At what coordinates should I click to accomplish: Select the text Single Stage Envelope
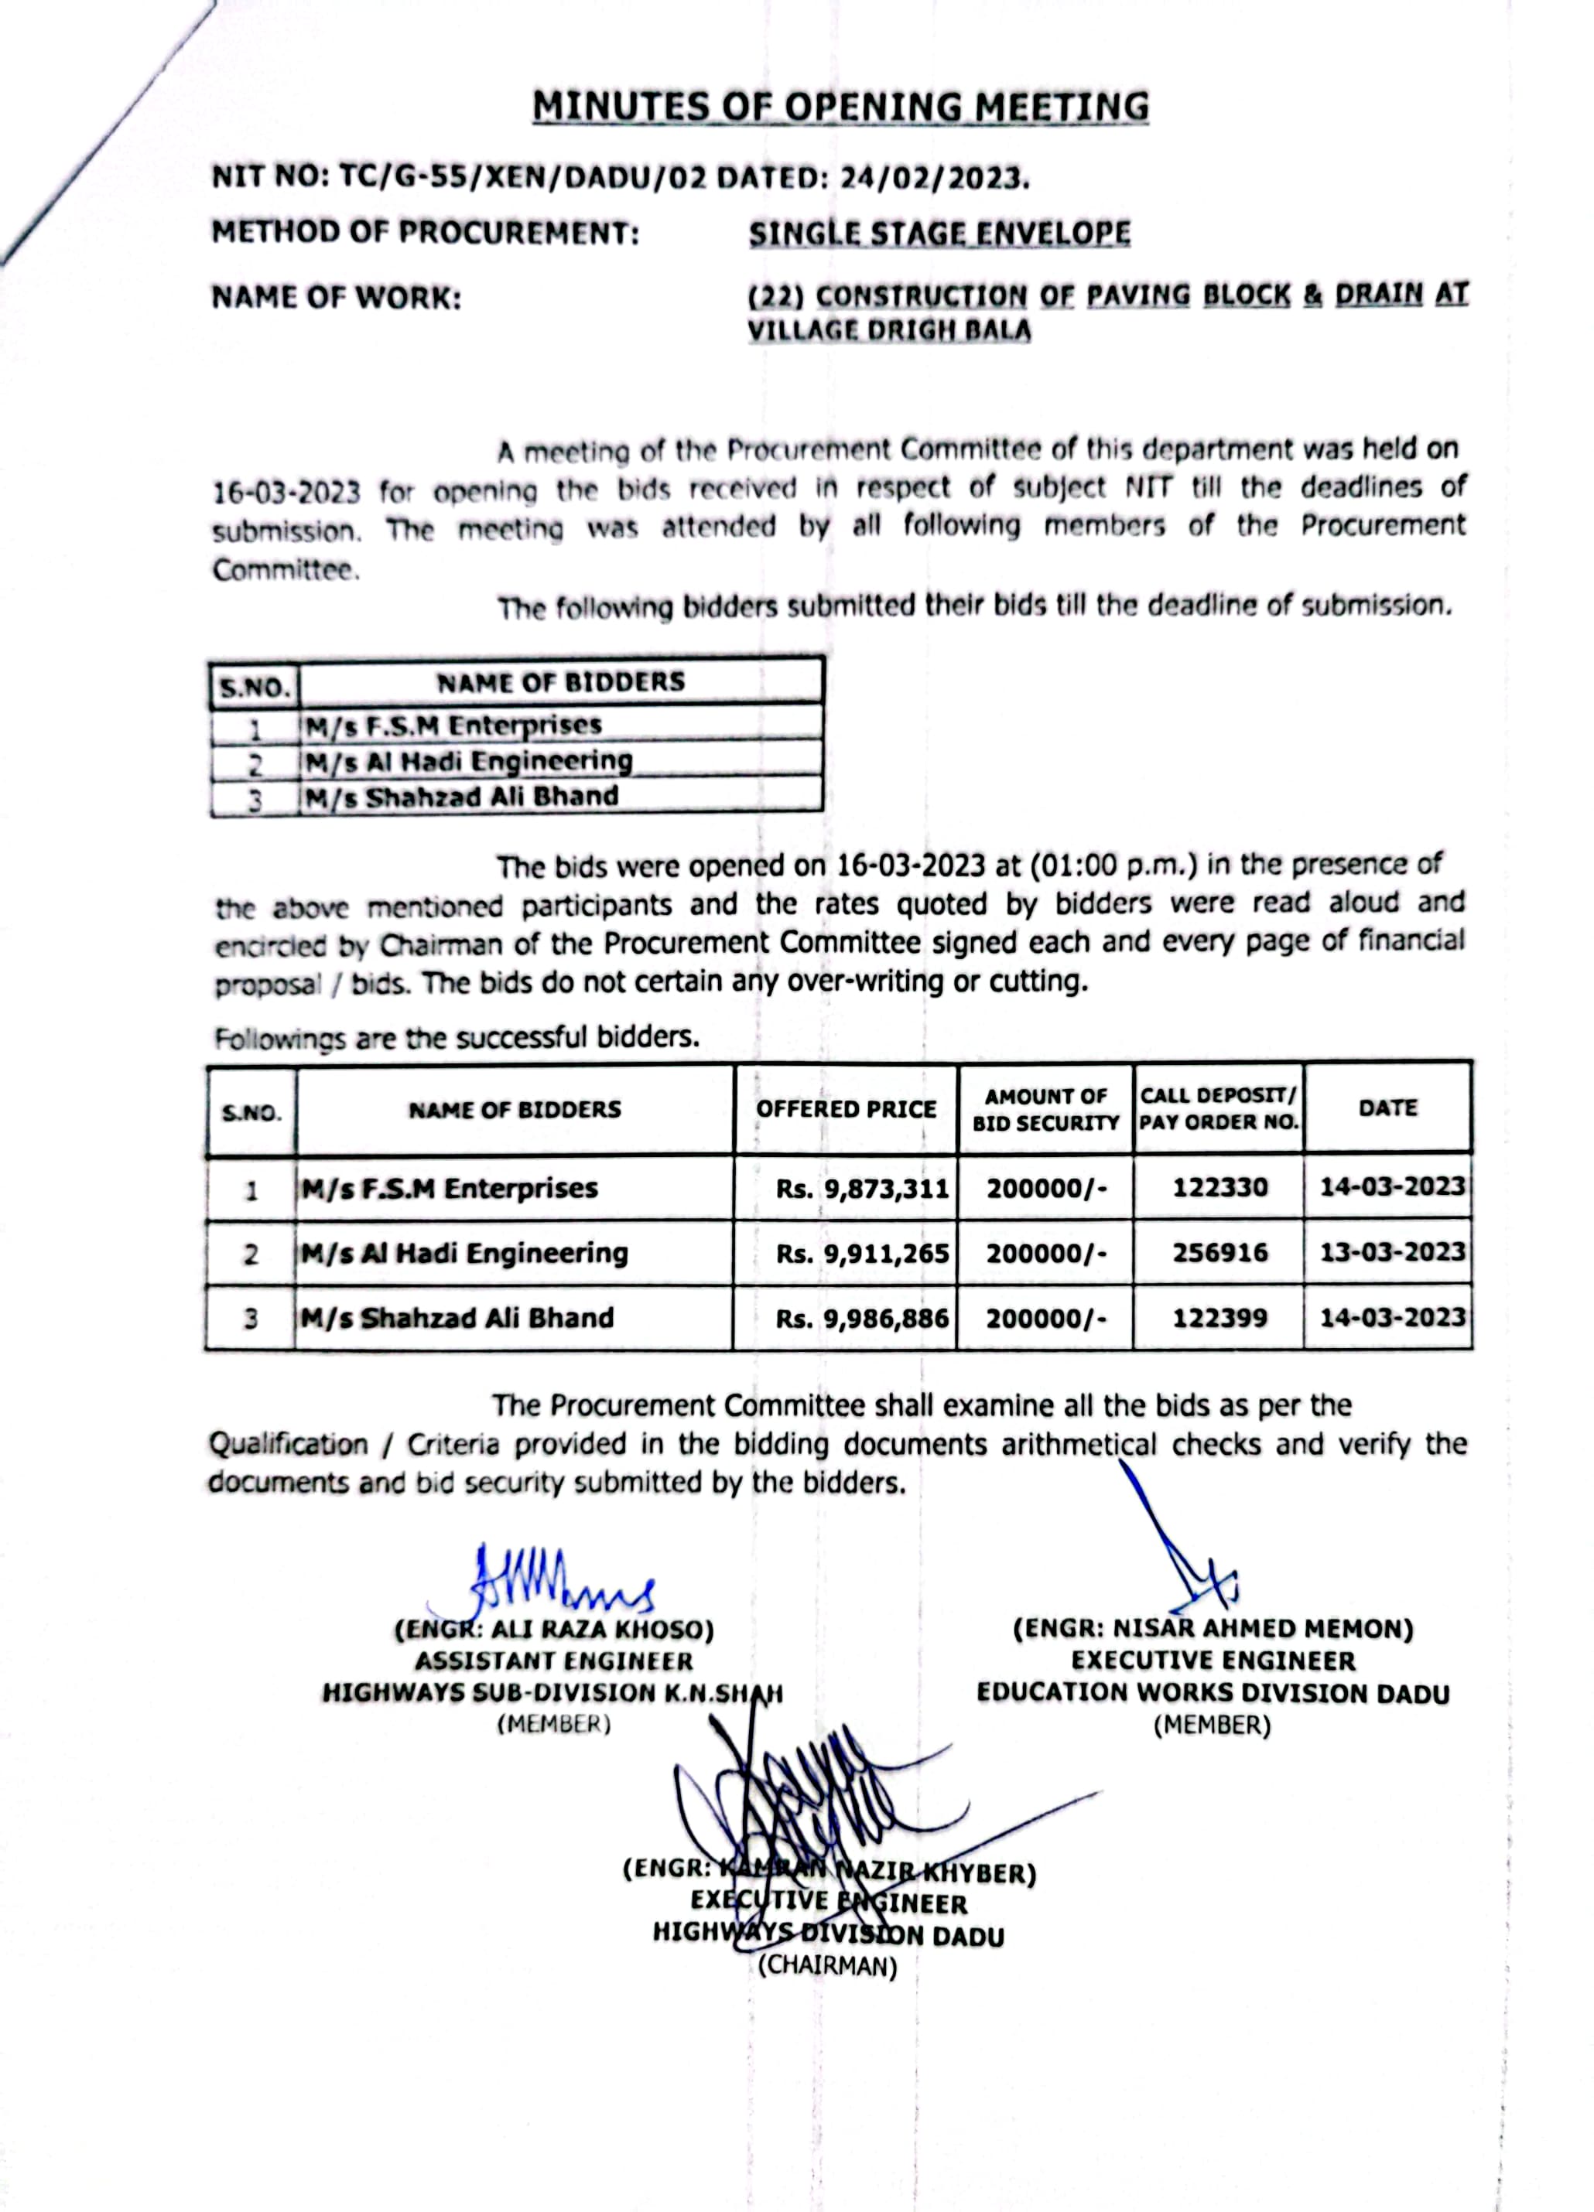[939, 234]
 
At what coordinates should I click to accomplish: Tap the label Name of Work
[337, 298]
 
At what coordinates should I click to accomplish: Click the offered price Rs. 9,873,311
[862, 1188]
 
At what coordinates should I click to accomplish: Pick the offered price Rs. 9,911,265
[862, 1253]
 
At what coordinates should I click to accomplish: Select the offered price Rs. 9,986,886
[862, 1319]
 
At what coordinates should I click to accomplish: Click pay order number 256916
[1220, 1253]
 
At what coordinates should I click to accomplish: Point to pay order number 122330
[1220, 1188]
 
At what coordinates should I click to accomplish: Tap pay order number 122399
[1220, 1319]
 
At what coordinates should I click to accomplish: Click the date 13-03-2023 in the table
[1392, 1252]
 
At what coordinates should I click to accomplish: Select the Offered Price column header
[846, 1109]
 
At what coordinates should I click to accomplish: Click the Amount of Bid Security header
[1045, 1110]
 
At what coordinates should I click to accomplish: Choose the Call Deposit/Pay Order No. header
[1219, 1109]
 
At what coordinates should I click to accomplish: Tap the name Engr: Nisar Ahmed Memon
[1213, 1630]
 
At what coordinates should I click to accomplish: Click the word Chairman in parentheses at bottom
[827, 1966]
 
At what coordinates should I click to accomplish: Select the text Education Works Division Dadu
[1213, 1693]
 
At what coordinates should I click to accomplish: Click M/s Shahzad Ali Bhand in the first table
[461, 797]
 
